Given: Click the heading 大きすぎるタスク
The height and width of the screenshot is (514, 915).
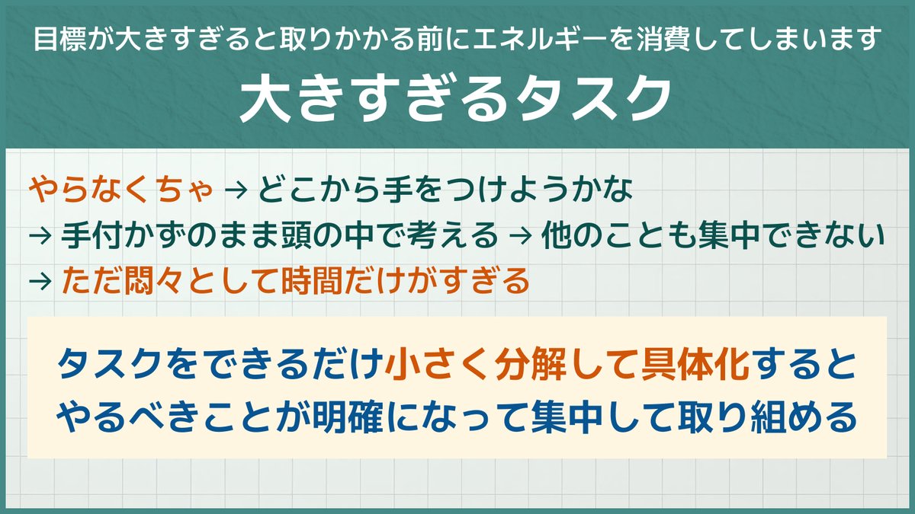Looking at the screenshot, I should click(457, 99).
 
